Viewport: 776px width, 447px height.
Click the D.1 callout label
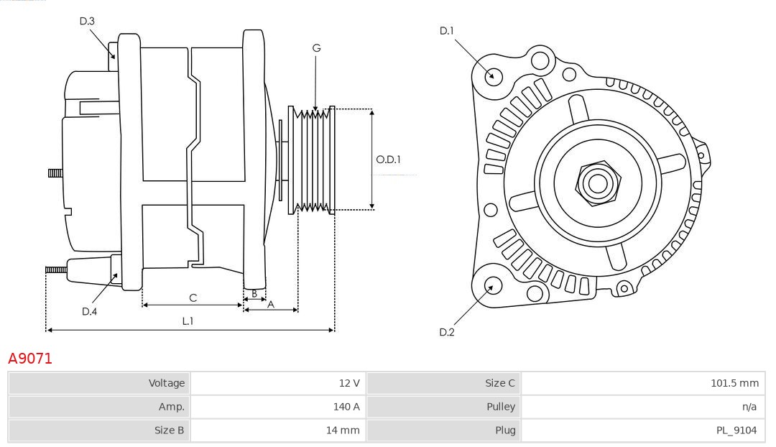coord(446,31)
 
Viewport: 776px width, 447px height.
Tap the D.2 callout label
coord(446,332)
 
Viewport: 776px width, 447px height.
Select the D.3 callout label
coord(87,22)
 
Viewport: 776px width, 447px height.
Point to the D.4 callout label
coord(89,311)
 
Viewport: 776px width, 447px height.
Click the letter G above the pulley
coord(316,48)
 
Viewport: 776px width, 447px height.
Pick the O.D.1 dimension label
coord(389,160)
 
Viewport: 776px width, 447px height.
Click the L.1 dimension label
coord(188,321)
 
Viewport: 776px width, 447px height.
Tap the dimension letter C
coord(193,298)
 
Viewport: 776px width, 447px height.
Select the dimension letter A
coord(271,304)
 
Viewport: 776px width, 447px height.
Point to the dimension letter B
coord(254,293)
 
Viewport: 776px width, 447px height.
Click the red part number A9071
coord(30,359)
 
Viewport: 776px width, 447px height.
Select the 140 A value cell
coord(346,407)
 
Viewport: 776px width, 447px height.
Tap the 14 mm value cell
coord(345,430)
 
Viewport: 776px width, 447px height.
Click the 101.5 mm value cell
coord(734,383)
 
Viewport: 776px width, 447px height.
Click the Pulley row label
coord(501,407)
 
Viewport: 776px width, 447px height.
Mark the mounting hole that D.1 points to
coord(494,75)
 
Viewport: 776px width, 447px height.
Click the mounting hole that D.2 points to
coord(492,287)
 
